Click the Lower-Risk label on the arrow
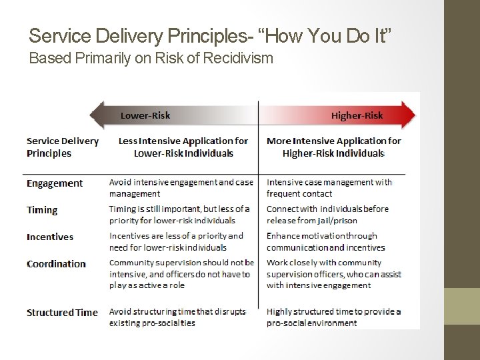click(145, 115)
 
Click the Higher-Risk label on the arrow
click(357, 115)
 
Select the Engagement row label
click(55, 183)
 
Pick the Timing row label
click(42, 210)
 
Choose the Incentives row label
click(50, 237)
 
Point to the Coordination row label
click(56, 264)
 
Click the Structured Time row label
click(62, 313)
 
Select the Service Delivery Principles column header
click(62, 147)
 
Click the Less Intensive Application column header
click(183, 147)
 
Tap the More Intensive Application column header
click(334, 147)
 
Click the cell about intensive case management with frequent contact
click(329, 188)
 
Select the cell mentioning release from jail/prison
click(327, 215)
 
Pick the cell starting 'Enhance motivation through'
click(326, 241)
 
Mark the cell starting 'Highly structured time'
click(333, 317)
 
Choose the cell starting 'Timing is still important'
click(179, 215)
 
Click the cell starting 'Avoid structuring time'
click(177, 317)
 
